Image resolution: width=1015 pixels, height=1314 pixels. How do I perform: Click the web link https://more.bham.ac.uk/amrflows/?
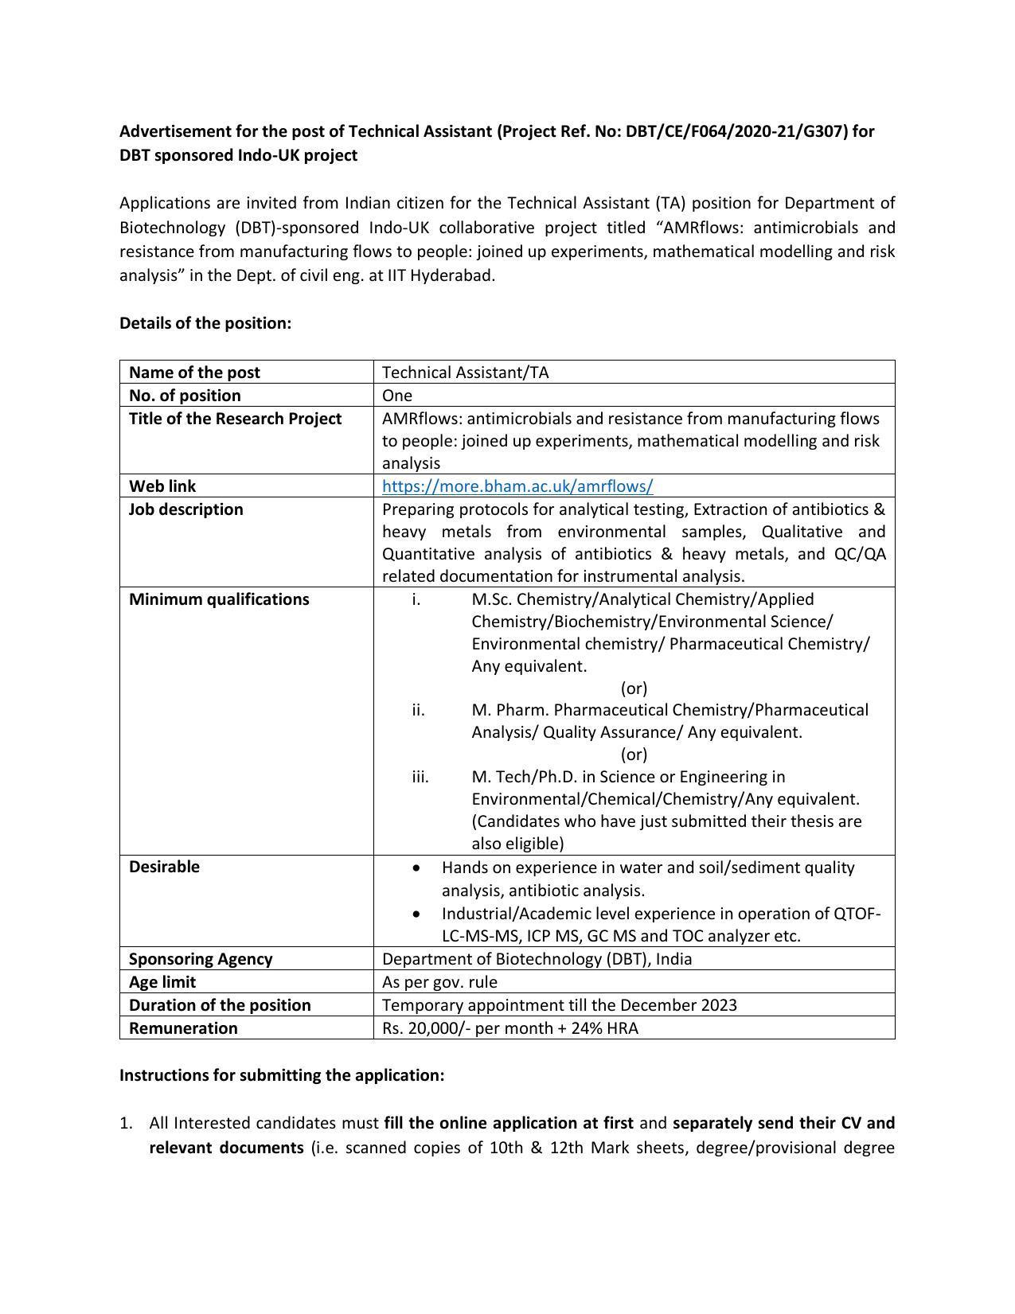(517, 486)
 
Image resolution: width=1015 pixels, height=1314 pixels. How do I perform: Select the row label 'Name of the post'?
(194, 372)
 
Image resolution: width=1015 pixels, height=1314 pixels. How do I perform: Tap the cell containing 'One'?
(397, 396)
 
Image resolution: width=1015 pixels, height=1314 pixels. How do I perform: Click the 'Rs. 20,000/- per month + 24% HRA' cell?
(509, 1028)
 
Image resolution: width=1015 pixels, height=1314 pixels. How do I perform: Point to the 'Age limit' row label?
(162, 982)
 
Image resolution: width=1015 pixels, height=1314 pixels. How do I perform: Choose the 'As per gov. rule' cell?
(439, 982)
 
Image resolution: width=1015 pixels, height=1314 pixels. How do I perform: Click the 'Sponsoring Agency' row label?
(201, 959)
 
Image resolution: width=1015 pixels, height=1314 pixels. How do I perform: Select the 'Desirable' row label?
(164, 867)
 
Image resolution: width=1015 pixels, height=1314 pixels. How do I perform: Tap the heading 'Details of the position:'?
(205, 323)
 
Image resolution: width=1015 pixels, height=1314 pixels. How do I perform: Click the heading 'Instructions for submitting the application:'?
(282, 1075)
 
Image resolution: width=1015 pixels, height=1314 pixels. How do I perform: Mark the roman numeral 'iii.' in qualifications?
(420, 777)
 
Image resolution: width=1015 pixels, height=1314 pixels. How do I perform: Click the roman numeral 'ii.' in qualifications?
(419, 710)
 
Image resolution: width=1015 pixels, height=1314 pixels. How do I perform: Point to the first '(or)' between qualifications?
(634, 688)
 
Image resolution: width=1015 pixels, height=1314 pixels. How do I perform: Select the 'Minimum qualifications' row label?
(219, 599)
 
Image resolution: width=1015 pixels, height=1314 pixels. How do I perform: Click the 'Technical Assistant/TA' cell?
(465, 372)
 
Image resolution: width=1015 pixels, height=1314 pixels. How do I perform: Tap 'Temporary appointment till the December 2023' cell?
(559, 1005)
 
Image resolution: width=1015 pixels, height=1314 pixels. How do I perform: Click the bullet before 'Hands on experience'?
(418, 868)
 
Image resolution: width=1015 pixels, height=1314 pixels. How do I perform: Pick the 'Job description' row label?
(186, 509)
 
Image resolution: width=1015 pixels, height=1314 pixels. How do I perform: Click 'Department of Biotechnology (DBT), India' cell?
(537, 959)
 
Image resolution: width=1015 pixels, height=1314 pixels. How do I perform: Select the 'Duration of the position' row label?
(220, 1005)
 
